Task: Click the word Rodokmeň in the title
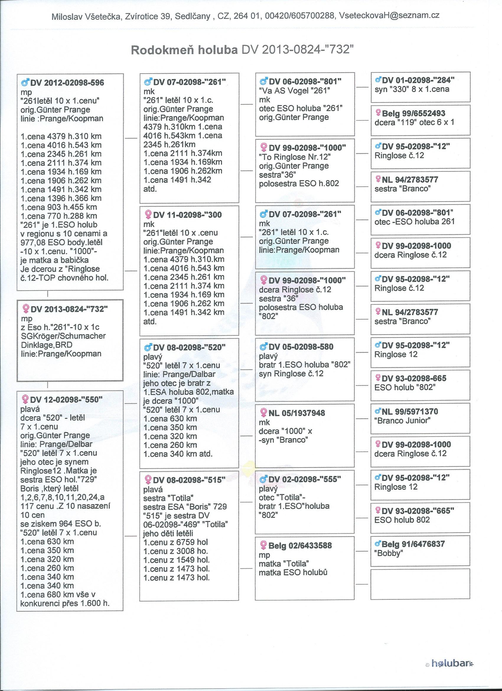[163, 50]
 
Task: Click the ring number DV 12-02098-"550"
[66, 400]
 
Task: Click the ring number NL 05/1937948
[297, 413]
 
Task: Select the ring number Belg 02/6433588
[300, 546]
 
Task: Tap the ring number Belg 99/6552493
[413, 114]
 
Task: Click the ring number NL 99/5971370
[410, 412]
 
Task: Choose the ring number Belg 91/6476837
[413, 544]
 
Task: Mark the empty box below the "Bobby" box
[420, 582]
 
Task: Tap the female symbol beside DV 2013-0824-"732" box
[26, 309]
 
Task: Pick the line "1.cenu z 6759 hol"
[176, 542]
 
